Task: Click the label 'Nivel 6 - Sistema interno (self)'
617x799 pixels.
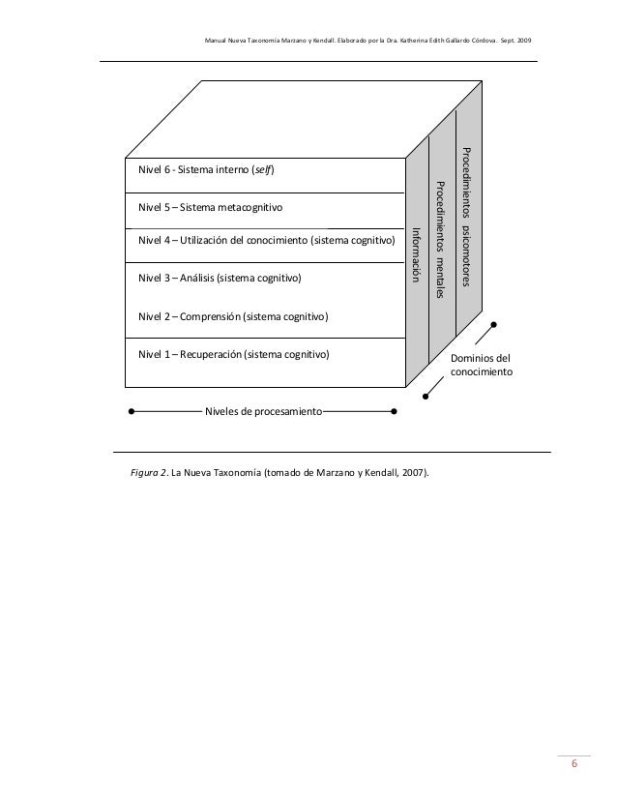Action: click(x=207, y=171)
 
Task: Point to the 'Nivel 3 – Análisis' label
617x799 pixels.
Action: click(x=220, y=279)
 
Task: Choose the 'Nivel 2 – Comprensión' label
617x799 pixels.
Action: click(x=233, y=316)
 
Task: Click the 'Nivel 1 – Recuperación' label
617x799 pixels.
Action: click(x=233, y=354)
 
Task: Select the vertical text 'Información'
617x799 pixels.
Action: click(x=417, y=254)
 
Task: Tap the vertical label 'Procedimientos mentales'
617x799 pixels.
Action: click(x=441, y=239)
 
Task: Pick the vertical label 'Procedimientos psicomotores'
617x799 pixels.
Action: click(x=467, y=217)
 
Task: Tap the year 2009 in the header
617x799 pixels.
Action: click(x=520, y=40)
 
